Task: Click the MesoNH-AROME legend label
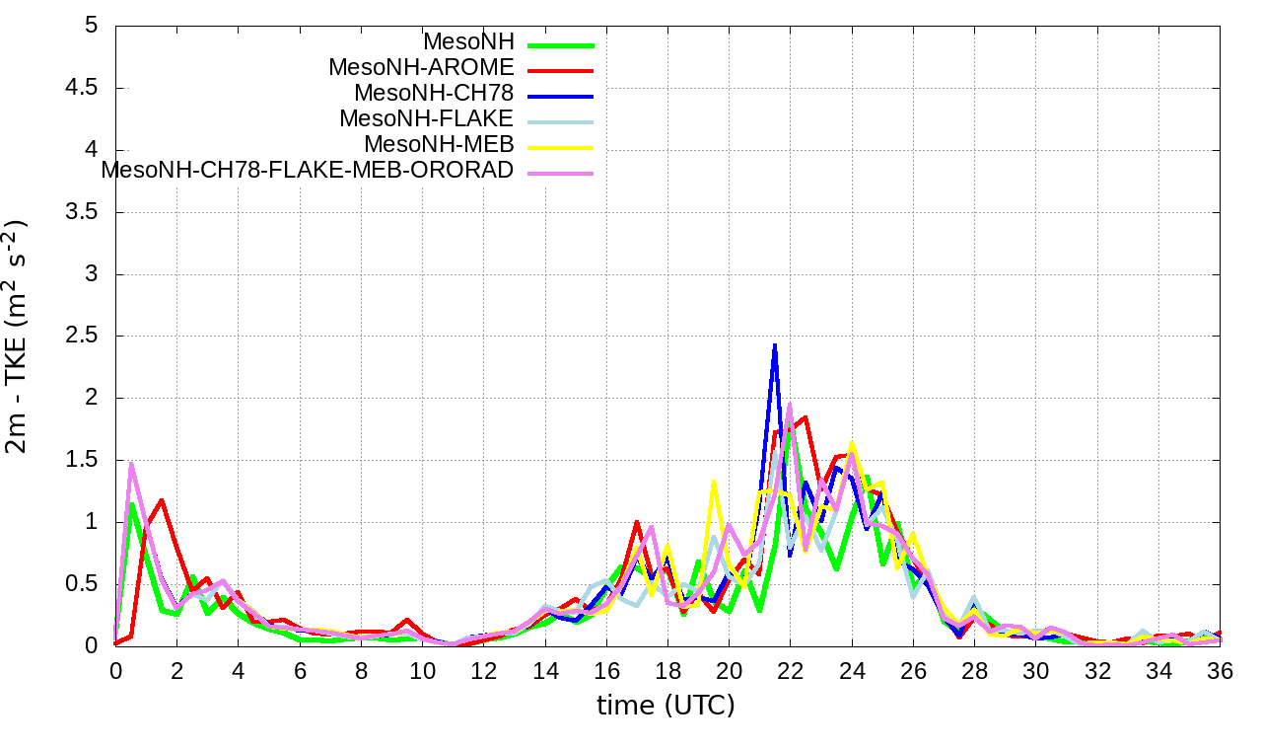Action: click(421, 68)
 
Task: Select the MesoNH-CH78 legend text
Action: click(434, 94)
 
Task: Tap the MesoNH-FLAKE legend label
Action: click(426, 119)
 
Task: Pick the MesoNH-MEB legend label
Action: click(439, 145)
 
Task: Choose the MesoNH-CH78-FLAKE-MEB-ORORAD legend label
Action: click(308, 170)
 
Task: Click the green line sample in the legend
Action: click(561, 45)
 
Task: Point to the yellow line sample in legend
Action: click(561, 147)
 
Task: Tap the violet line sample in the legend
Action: click(561, 173)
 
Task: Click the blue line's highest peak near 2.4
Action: click(775, 344)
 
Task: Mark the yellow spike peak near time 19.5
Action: click(713, 482)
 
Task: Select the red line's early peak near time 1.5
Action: click(162, 500)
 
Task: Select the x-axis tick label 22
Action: click(790, 670)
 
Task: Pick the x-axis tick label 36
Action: click(1220, 670)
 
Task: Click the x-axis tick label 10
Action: click(422, 670)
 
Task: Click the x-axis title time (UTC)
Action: click(666, 706)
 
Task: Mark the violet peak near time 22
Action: click(790, 404)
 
